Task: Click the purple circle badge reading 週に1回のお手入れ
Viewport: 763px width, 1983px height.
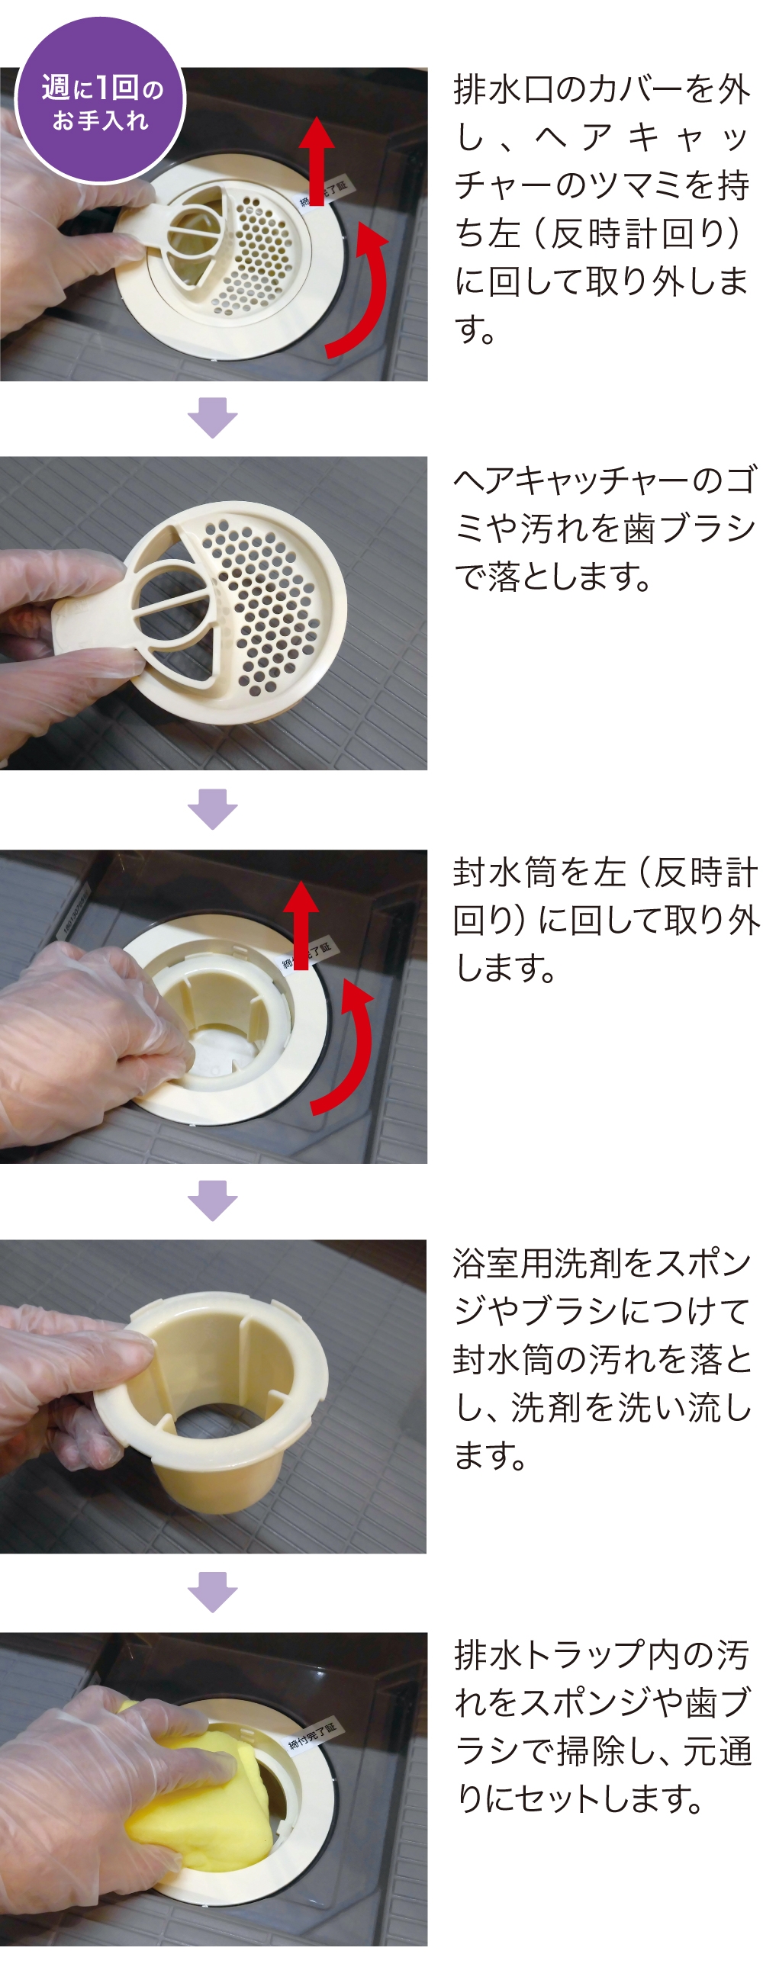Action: [x=100, y=101]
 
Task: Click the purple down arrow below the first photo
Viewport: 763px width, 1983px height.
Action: [x=213, y=418]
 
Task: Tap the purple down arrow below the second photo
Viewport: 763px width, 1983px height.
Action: [x=213, y=809]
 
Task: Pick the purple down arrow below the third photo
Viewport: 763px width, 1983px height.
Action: [x=213, y=1200]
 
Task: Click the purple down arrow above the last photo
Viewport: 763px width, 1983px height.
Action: [x=213, y=1591]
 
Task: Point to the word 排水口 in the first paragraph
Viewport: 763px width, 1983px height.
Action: [x=504, y=90]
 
